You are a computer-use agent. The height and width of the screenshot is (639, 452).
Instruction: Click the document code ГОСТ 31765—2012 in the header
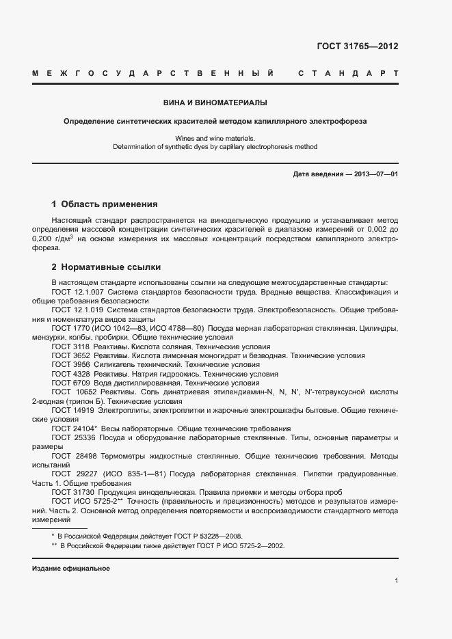[358, 47]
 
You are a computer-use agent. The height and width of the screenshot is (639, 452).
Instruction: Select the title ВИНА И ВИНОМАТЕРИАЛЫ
[215, 103]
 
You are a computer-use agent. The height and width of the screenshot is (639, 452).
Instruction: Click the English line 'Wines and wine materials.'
[215, 138]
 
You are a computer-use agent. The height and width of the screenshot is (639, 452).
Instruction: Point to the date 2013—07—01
[376, 174]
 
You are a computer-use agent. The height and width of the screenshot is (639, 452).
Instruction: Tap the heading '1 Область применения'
[105, 204]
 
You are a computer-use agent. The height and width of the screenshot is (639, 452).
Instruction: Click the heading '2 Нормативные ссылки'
[106, 267]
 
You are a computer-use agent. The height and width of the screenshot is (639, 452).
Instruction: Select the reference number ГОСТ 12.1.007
[77, 293]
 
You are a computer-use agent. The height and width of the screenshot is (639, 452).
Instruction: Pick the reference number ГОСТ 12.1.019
[77, 310]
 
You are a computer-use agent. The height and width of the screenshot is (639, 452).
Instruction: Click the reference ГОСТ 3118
[70, 346]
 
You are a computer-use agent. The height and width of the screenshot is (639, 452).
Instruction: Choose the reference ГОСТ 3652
[70, 355]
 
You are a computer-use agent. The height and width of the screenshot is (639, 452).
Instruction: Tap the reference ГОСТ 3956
[70, 364]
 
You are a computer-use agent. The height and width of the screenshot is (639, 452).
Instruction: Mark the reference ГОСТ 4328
[70, 374]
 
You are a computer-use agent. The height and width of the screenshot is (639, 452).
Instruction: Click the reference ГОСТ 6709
[70, 383]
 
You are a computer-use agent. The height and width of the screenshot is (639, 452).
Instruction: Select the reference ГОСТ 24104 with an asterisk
[75, 428]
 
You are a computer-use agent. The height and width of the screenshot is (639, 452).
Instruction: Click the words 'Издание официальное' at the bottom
[71, 569]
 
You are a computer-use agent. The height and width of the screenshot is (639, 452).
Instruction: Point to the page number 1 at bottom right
[397, 581]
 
